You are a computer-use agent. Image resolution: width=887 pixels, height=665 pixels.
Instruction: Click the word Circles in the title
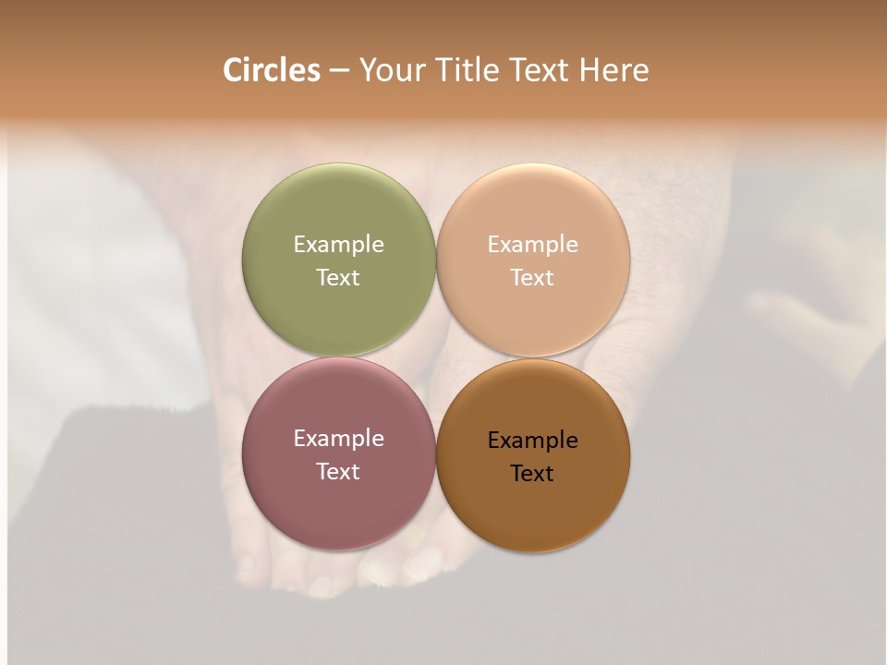tap(272, 70)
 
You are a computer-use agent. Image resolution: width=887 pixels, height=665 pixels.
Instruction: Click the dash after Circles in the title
tap(338, 71)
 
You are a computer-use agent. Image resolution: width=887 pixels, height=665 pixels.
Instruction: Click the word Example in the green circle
tap(338, 244)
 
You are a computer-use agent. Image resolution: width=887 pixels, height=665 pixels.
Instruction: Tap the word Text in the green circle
tap(338, 277)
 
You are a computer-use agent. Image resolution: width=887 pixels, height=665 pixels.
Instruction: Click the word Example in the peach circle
tap(533, 244)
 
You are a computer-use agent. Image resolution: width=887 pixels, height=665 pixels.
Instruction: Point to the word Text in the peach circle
tap(533, 277)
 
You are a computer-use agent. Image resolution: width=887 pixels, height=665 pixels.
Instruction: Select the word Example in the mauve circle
tap(338, 438)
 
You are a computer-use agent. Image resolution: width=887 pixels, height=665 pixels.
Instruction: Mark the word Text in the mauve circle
tap(338, 471)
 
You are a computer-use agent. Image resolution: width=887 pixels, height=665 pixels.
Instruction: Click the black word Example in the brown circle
tap(533, 440)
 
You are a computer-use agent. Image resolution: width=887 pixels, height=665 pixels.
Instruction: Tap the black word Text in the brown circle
tap(533, 473)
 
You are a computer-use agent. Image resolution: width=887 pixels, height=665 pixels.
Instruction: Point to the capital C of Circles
tap(233, 70)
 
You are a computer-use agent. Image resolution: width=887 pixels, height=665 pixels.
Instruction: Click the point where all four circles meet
tap(436, 357)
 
